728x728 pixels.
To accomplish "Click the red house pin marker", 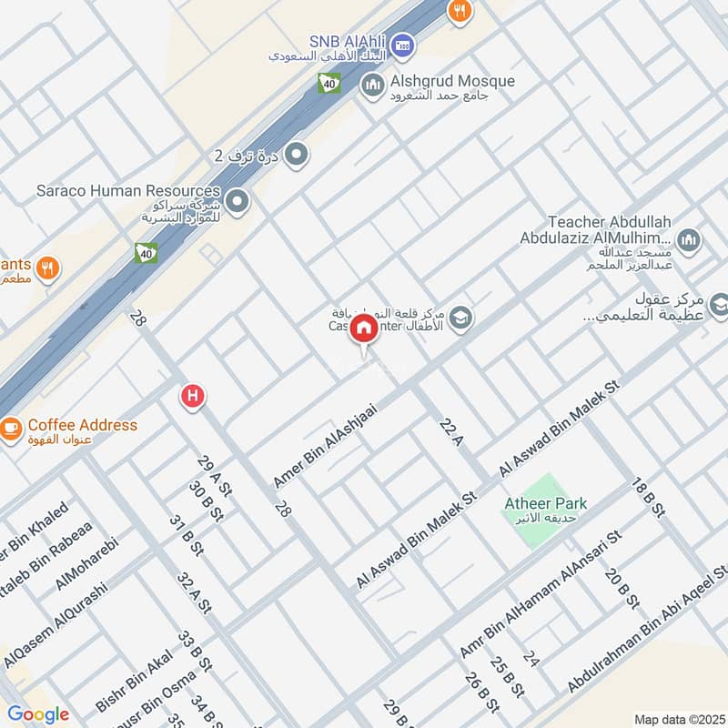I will (x=364, y=329).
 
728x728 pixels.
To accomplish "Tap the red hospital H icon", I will (x=192, y=396).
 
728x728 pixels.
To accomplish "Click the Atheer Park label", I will (x=546, y=503).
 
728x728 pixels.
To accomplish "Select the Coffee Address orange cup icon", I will (x=10, y=426).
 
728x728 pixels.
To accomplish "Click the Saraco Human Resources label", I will (x=128, y=191).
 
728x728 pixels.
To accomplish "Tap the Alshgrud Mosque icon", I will (x=372, y=86).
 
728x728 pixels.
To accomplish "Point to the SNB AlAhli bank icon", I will (x=406, y=42).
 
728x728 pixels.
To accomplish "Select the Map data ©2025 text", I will (x=678, y=720).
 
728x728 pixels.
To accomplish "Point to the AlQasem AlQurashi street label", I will (x=56, y=626).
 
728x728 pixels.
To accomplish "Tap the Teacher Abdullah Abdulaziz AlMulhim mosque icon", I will (x=690, y=240).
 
